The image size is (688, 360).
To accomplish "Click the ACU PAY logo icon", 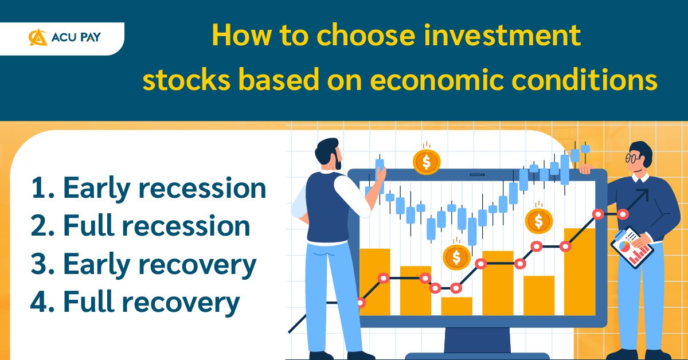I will (38, 38).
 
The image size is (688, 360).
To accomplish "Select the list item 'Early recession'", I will (147, 188).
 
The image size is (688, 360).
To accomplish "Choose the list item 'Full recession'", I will (140, 226).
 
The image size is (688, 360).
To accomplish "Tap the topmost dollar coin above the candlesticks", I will (426, 162).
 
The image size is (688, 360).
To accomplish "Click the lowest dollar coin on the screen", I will (456, 257).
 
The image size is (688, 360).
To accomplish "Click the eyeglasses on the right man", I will (633, 158).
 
